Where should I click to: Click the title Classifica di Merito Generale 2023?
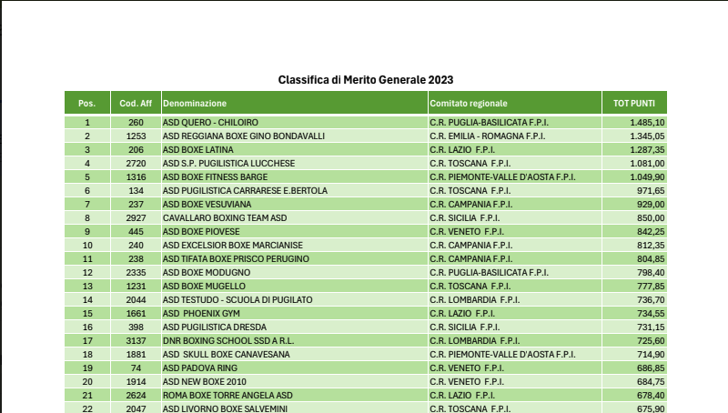tap(365, 80)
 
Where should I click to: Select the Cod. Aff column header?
tap(136, 104)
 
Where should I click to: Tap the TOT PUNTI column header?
tap(634, 104)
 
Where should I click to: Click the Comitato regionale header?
tap(469, 104)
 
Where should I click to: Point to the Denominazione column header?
tap(195, 104)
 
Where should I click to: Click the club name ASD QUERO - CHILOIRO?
tap(210, 122)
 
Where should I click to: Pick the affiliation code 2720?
tap(136, 163)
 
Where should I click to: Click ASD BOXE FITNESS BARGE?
tap(215, 176)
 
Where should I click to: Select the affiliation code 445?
tap(136, 231)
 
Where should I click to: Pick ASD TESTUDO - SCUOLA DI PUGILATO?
tap(238, 299)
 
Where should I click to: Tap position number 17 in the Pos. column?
tap(87, 340)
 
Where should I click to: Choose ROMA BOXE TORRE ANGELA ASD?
tap(227, 395)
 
